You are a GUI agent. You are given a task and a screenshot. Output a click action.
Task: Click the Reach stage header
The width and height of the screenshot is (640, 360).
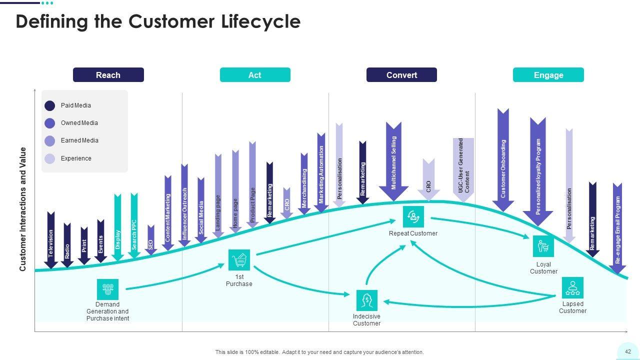click(108, 75)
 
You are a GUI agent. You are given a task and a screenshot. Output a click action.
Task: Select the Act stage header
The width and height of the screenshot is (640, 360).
click(255, 75)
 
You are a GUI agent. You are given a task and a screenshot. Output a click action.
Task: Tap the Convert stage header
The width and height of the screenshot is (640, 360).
click(401, 75)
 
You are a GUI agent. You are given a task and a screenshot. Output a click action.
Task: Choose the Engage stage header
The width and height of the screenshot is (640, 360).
click(548, 75)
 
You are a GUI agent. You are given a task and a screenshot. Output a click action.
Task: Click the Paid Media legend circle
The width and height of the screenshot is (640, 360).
click(50, 105)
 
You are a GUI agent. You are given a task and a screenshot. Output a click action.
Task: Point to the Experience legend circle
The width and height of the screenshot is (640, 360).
click(50, 158)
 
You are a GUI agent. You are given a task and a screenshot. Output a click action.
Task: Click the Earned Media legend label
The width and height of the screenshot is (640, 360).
click(79, 140)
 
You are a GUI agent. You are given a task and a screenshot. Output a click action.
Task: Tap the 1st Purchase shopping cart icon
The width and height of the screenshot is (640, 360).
click(239, 260)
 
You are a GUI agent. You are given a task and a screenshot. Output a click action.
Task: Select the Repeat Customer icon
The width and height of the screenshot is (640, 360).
click(413, 216)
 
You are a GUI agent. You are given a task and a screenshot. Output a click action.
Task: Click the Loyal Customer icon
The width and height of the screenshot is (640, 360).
click(543, 246)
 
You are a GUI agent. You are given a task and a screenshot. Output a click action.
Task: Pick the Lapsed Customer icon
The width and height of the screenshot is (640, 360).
click(572, 287)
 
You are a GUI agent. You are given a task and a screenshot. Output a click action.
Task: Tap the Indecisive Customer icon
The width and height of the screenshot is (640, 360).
click(366, 300)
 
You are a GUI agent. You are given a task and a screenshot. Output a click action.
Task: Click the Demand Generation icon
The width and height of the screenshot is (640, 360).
click(107, 289)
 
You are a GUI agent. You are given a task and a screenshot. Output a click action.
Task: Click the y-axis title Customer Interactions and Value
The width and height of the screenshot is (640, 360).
click(23, 209)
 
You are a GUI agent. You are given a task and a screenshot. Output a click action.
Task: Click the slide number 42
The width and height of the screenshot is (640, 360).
click(628, 351)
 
